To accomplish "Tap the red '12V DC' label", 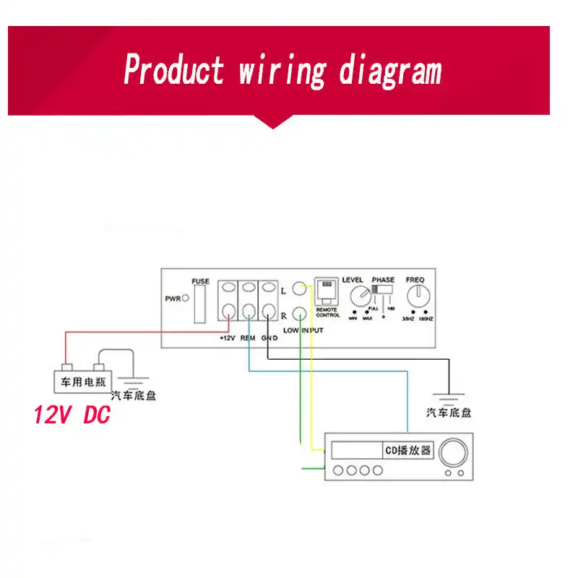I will pos(72,415).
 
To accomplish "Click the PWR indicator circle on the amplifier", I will pos(186,297).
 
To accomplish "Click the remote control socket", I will pos(327,291).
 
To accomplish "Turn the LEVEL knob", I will pos(359,297).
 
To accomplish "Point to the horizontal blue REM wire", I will pos(332,371).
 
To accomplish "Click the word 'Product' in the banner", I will pos(173,70).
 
